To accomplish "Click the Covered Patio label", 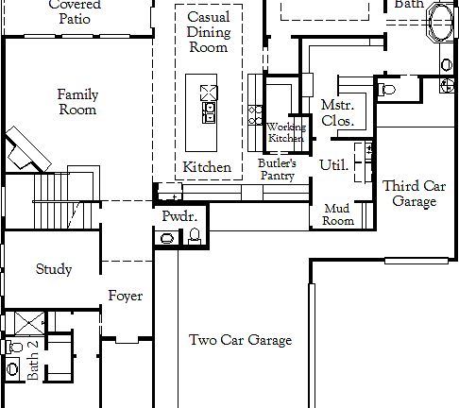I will [x=75, y=11].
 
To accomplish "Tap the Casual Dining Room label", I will [x=208, y=32].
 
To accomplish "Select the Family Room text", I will [x=77, y=102].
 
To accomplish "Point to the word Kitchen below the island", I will [x=207, y=167].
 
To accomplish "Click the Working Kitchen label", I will [x=285, y=132].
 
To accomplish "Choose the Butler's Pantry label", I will [x=277, y=169].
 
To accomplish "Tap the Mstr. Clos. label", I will [x=337, y=112].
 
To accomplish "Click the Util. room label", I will [x=333, y=165].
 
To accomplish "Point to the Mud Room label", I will [x=338, y=214].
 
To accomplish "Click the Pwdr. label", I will [x=178, y=216].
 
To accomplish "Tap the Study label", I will [x=54, y=269].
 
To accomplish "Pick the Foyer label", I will [x=125, y=297].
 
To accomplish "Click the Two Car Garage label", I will [x=240, y=341].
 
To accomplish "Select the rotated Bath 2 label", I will [x=34, y=361].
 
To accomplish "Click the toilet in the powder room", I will [x=195, y=237].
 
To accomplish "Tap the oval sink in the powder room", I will [x=167, y=238].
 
